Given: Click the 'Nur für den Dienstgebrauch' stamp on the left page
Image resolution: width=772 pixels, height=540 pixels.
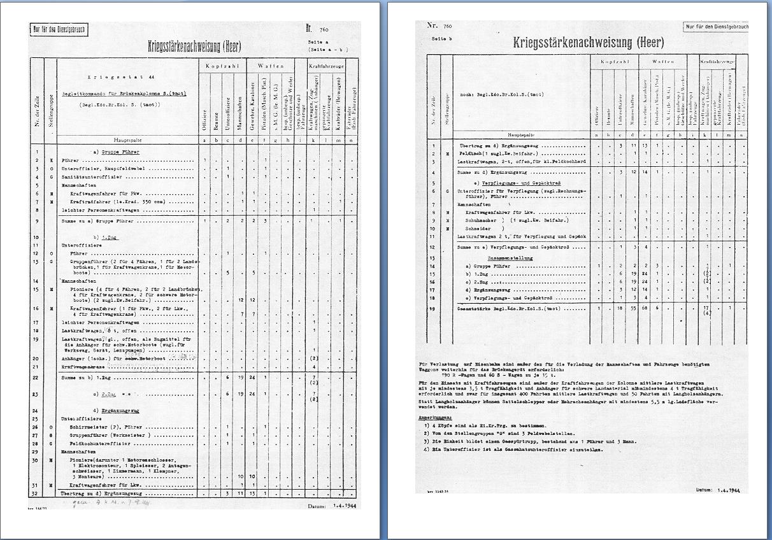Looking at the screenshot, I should pyautogui.click(x=59, y=29).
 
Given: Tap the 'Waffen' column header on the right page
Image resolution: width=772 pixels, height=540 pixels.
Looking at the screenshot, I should pyautogui.click(x=660, y=62).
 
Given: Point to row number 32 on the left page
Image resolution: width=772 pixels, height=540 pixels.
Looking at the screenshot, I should pyautogui.click(x=37, y=494).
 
